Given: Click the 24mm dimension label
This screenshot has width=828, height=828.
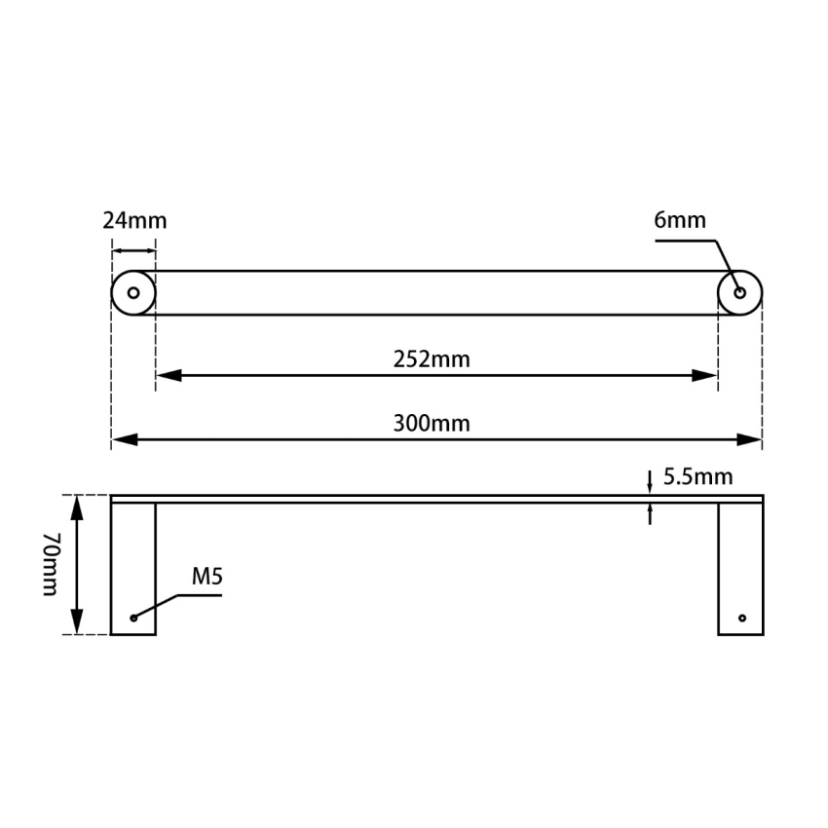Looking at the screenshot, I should coord(134,220).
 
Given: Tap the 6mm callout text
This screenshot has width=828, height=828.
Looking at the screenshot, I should coord(679,220).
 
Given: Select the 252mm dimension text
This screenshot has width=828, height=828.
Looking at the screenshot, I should coord(432,359).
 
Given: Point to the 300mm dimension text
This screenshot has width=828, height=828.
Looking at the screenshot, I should coord(432,424).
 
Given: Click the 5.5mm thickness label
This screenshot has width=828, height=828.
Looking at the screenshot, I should coord(697,477).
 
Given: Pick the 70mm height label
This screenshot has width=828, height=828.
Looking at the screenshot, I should coord(50,565).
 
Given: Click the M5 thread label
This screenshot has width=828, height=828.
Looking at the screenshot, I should coord(207,577).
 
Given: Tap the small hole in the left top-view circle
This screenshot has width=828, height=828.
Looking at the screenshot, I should coord(133,292).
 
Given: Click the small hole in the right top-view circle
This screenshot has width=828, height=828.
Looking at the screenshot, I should coord(739,292).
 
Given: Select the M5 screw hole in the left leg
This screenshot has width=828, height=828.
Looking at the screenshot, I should coord(133,618).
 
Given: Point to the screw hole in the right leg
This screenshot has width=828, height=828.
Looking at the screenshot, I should coord(741,618).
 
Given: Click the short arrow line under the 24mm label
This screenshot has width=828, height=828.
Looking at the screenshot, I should coord(133,251).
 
